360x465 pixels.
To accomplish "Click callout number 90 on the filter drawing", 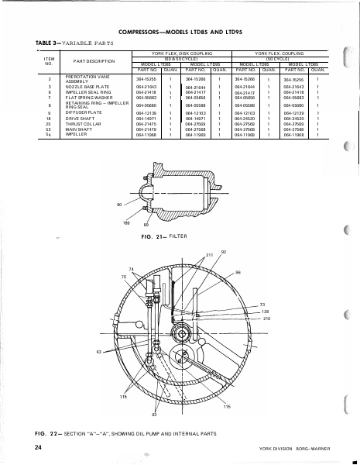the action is (x=119, y=203).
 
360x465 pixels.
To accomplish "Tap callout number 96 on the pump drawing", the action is (x=238, y=272).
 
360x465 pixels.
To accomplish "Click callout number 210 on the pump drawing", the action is (x=266, y=319).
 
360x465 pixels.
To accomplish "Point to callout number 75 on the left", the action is (x=123, y=276).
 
